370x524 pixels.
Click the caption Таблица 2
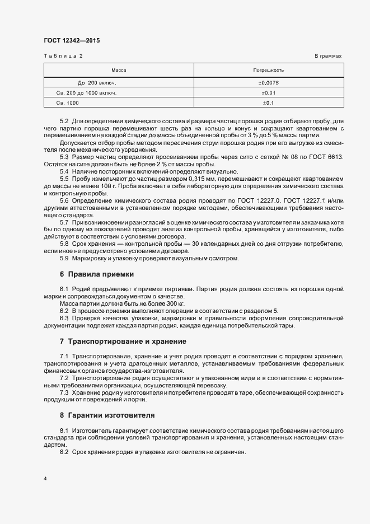(63, 57)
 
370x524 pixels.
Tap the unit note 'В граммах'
(328, 57)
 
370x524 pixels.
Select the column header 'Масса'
(119, 71)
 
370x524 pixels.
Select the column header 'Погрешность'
(269, 71)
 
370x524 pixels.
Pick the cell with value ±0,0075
(269, 82)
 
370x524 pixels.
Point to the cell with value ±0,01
(269, 92)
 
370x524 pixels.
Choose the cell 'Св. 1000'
(68, 103)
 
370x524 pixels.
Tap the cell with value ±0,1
(269, 103)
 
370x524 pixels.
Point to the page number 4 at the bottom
(45, 479)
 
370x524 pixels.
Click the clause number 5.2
(64, 121)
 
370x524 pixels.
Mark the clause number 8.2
(64, 452)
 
